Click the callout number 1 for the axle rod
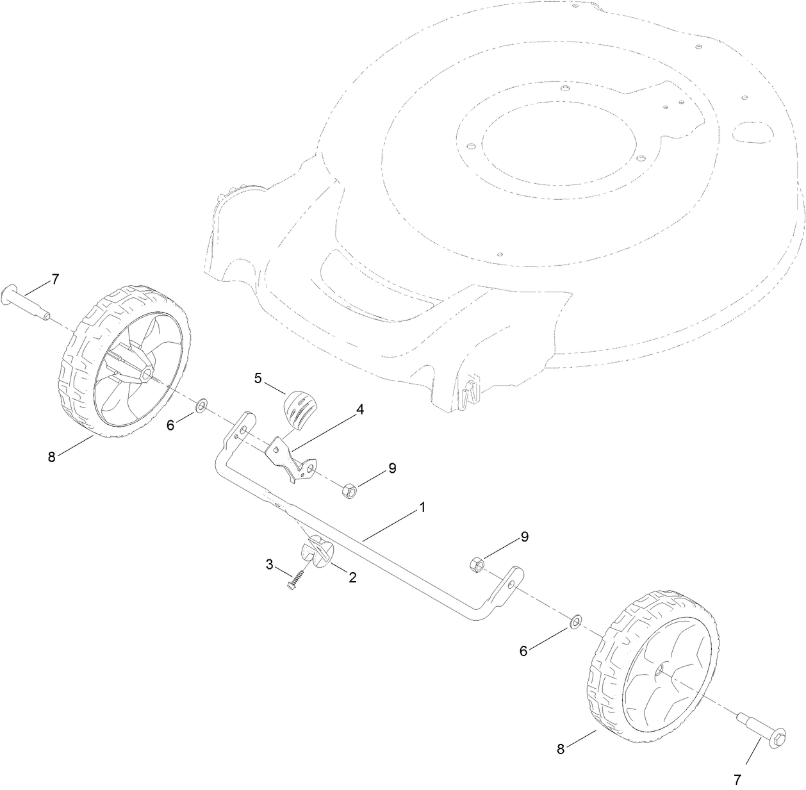pyautogui.click(x=422, y=507)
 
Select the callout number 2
pyautogui.click(x=352, y=577)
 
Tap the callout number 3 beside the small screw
pyautogui.click(x=270, y=564)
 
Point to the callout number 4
pyautogui.click(x=361, y=409)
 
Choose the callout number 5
pyautogui.click(x=258, y=377)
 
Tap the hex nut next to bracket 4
pyautogui.click(x=350, y=492)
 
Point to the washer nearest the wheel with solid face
pyautogui.click(x=575, y=621)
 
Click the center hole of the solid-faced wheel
pyautogui.click(x=659, y=670)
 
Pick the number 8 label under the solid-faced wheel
pyautogui.click(x=561, y=749)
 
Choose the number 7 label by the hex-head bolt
pyautogui.click(x=737, y=780)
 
